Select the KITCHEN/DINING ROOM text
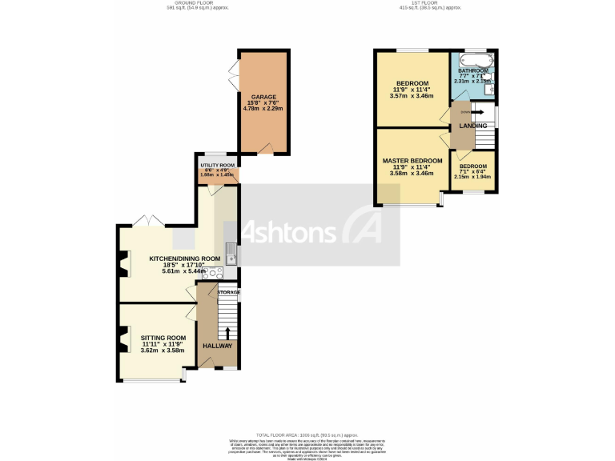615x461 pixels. coord(184,259)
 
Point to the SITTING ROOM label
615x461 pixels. coord(163,338)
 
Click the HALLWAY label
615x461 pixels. coord(217,346)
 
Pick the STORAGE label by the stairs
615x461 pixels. coord(229,292)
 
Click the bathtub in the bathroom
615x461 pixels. coord(472,61)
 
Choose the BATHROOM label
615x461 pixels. coord(472,71)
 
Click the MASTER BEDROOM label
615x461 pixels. coord(412,161)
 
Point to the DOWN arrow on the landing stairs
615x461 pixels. coord(473,113)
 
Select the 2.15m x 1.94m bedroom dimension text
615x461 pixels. coord(472,176)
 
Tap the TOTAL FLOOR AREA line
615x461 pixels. coord(307,433)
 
